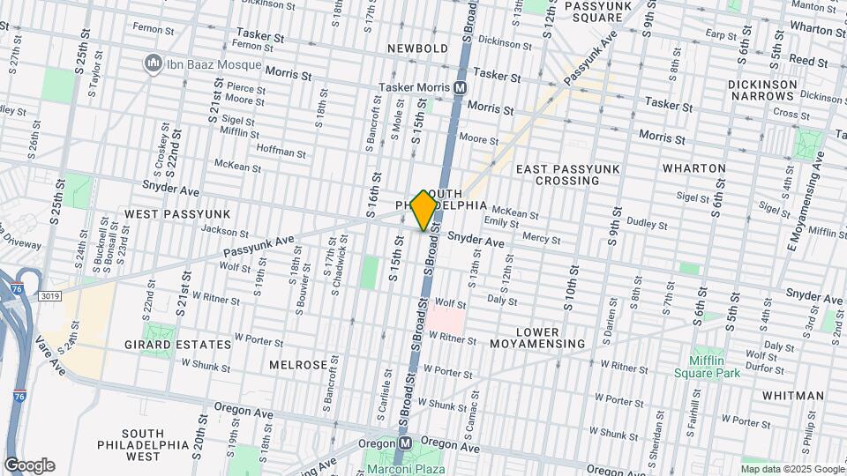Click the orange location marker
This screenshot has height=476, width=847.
click(x=424, y=210)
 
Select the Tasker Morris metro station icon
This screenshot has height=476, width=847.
click(x=460, y=87)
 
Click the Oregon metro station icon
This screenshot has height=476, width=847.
click(x=406, y=443)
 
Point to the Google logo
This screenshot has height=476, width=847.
click(x=29, y=465)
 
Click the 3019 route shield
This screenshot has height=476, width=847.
click(x=50, y=296)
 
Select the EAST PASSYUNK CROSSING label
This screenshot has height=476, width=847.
click(x=569, y=175)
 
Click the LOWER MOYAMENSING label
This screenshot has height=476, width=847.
click(x=537, y=336)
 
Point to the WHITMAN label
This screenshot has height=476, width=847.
click(x=793, y=397)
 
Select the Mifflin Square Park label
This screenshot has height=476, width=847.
click(x=716, y=366)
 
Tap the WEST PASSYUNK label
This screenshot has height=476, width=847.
click(x=177, y=214)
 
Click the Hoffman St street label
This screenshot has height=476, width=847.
click(x=281, y=152)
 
